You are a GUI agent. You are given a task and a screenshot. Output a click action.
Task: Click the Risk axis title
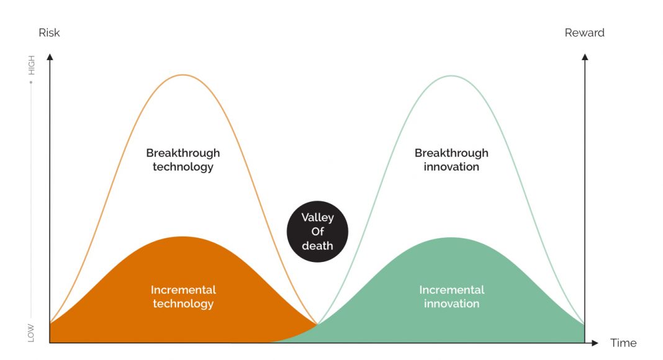click(49, 33)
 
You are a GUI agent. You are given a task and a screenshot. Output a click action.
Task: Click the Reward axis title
click(584, 33)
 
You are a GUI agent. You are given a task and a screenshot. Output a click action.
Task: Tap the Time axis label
click(623, 343)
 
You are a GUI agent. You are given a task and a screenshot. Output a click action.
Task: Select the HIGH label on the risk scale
click(31, 65)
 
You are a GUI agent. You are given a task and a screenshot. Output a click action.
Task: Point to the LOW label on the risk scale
click(31, 333)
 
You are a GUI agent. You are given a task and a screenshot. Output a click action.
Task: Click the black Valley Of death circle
click(318, 232)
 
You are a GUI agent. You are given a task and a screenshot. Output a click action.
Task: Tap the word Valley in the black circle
click(318, 218)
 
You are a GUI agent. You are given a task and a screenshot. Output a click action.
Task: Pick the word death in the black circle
click(318, 246)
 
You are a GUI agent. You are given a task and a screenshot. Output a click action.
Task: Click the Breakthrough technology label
click(183, 160)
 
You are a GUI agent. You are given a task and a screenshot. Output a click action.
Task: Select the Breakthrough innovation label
click(451, 160)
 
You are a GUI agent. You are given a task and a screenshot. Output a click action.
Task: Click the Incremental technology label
click(183, 297)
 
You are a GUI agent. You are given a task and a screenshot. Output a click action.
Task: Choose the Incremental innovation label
click(451, 297)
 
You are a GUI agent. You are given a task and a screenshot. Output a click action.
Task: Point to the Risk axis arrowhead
click(50, 56)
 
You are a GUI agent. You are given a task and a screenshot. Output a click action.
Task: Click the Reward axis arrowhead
click(585, 56)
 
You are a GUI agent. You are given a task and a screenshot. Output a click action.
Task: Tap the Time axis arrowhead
click(595, 343)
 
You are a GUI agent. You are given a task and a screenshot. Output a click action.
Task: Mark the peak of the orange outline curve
click(183, 74)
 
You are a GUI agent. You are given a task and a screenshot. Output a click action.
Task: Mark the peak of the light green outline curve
click(451, 76)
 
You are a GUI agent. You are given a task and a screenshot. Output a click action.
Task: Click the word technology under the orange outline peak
click(183, 167)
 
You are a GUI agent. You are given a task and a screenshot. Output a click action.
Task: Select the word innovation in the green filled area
click(451, 304)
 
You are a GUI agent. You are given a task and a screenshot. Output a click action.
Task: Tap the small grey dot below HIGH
click(31, 82)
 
